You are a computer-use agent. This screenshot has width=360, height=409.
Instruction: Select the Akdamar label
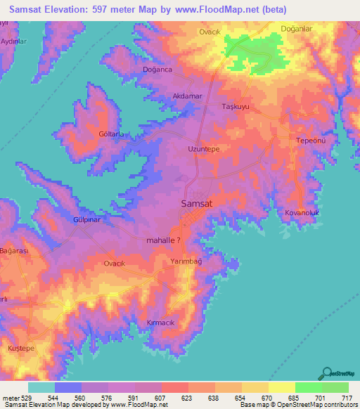pyautogui.click(x=188, y=96)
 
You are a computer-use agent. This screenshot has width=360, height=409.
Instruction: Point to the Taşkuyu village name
pyautogui.click(x=236, y=107)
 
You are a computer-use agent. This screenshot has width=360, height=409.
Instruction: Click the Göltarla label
pyautogui.click(x=112, y=133)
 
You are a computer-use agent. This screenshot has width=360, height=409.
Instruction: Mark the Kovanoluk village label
pyautogui.click(x=303, y=211)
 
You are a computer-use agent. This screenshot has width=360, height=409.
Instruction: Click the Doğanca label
pyautogui.click(x=157, y=70)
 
